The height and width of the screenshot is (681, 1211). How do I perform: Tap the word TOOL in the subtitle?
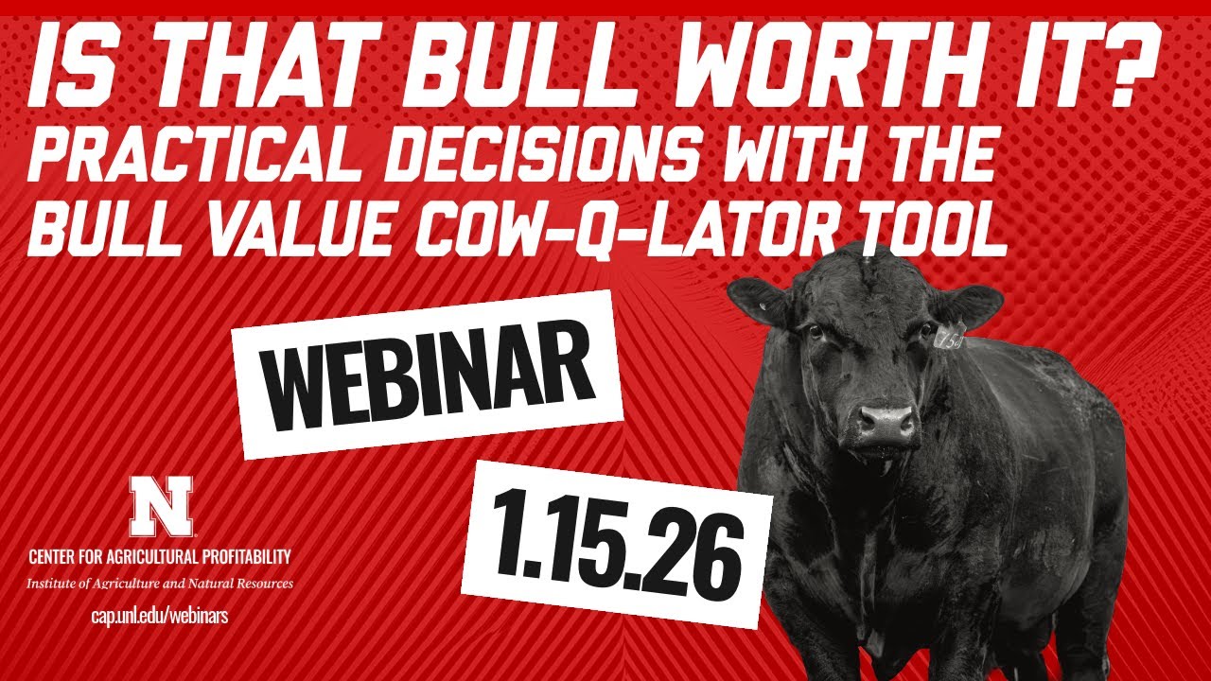pos(926,232)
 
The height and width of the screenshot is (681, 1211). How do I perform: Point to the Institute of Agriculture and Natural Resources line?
pos(160,583)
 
